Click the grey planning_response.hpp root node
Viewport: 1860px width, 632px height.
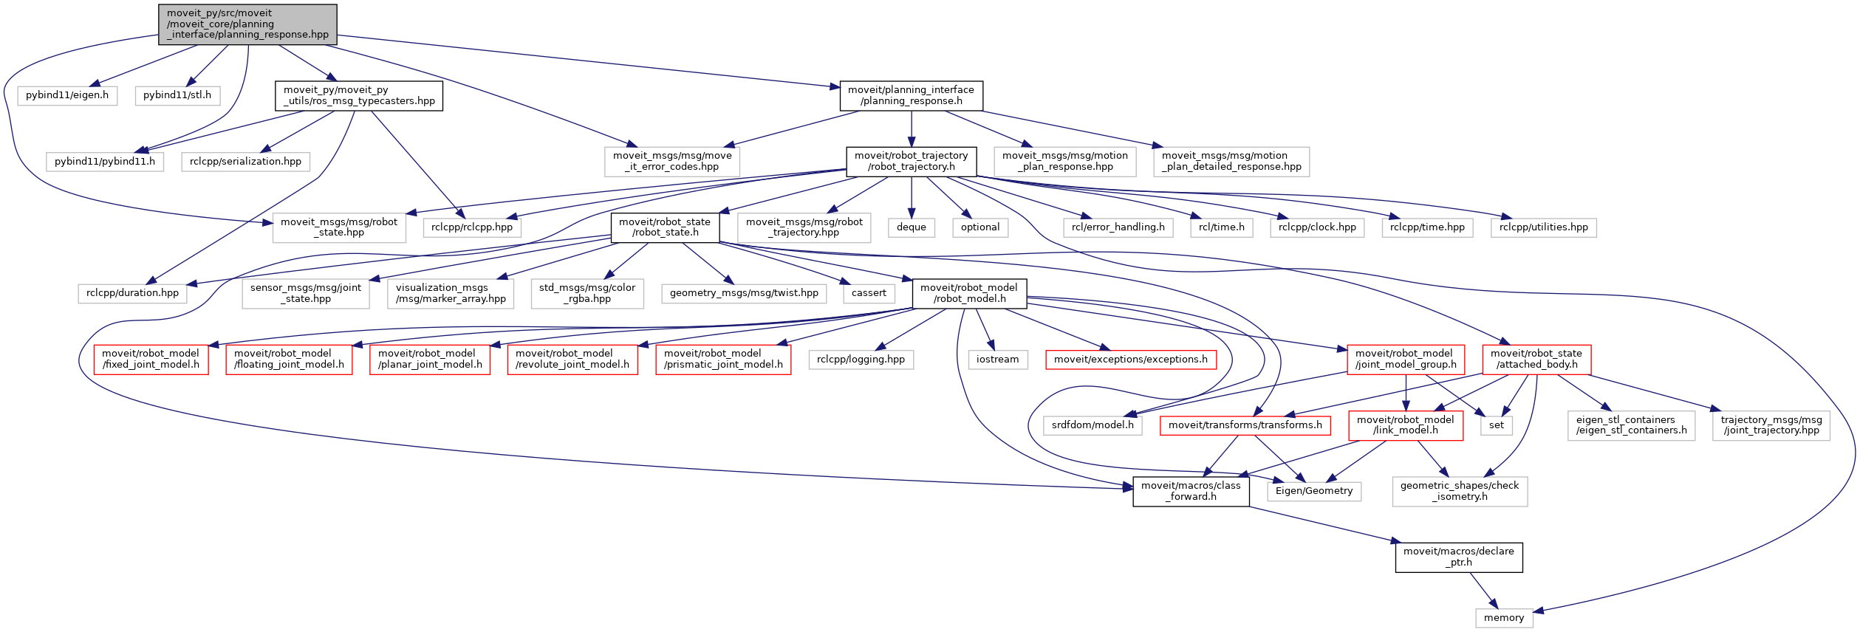pyautogui.click(x=247, y=24)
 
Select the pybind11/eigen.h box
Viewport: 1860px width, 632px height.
pyautogui.click(x=67, y=95)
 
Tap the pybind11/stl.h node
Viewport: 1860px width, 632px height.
pyautogui.click(x=177, y=95)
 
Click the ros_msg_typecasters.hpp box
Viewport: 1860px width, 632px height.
pyautogui.click(x=359, y=96)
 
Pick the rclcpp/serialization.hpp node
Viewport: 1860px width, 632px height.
pyautogui.click(x=245, y=162)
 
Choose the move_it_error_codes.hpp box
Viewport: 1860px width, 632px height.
pyautogui.click(x=672, y=162)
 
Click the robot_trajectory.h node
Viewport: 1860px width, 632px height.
pyautogui.click(x=912, y=162)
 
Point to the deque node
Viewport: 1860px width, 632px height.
pyautogui.click(x=912, y=227)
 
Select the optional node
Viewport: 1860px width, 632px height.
pyautogui.click(x=980, y=227)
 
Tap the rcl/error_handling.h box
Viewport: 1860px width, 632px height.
pyautogui.click(x=1118, y=227)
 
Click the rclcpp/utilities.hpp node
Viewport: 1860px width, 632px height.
pyautogui.click(x=1544, y=227)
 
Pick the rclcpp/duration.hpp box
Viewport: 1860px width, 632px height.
pyautogui.click(x=133, y=293)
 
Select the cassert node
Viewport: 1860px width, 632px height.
pyautogui.click(x=869, y=293)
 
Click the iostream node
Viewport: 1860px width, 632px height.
pyautogui.click(x=998, y=360)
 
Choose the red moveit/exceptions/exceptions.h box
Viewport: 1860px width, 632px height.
pyautogui.click(x=1131, y=360)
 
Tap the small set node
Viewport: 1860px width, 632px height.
pyautogui.click(x=1497, y=425)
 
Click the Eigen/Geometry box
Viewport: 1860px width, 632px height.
pyautogui.click(x=1314, y=491)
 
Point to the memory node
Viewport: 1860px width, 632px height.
pyautogui.click(x=1504, y=618)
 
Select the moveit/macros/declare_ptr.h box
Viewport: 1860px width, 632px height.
pyautogui.click(x=1459, y=557)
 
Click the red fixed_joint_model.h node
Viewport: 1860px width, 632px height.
pyautogui.click(x=151, y=360)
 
